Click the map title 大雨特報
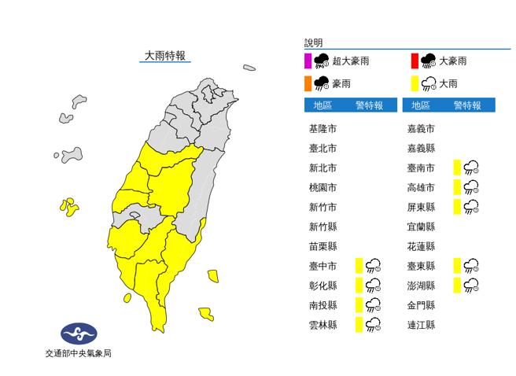[165, 55]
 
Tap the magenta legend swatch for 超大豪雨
[308, 61]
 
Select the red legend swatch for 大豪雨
[415, 61]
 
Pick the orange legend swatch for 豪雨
[308, 83]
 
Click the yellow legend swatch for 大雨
[415, 83]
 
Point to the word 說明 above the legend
[314, 43]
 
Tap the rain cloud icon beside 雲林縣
[373, 324]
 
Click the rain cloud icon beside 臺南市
[472, 167]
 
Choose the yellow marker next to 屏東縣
[457, 206]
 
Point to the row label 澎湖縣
[421, 285]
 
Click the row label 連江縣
[421, 324]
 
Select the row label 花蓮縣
[421, 245]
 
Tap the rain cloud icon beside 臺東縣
[472, 265]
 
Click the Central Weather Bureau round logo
[79, 334]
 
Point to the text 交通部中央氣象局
[79, 354]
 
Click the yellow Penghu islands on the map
[69, 207]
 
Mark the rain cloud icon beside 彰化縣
[373, 285]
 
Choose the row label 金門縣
[421, 304]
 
